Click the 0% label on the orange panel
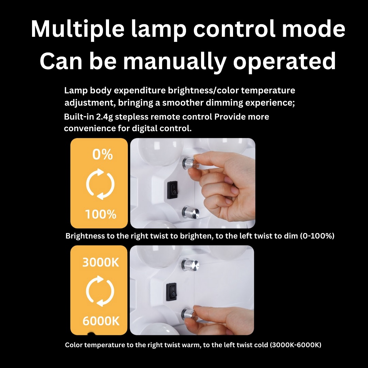click(102, 154)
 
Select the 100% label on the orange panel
click(101, 214)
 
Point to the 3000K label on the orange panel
click(101, 262)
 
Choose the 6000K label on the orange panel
click(101, 321)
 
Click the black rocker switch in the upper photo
click(172, 190)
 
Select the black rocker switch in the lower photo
click(171, 292)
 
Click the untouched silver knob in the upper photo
click(190, 212)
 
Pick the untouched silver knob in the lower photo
click(190, 264)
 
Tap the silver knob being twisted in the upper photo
click(189, 163)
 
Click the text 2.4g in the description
click(105, 117)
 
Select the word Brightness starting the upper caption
click(85, 236)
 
